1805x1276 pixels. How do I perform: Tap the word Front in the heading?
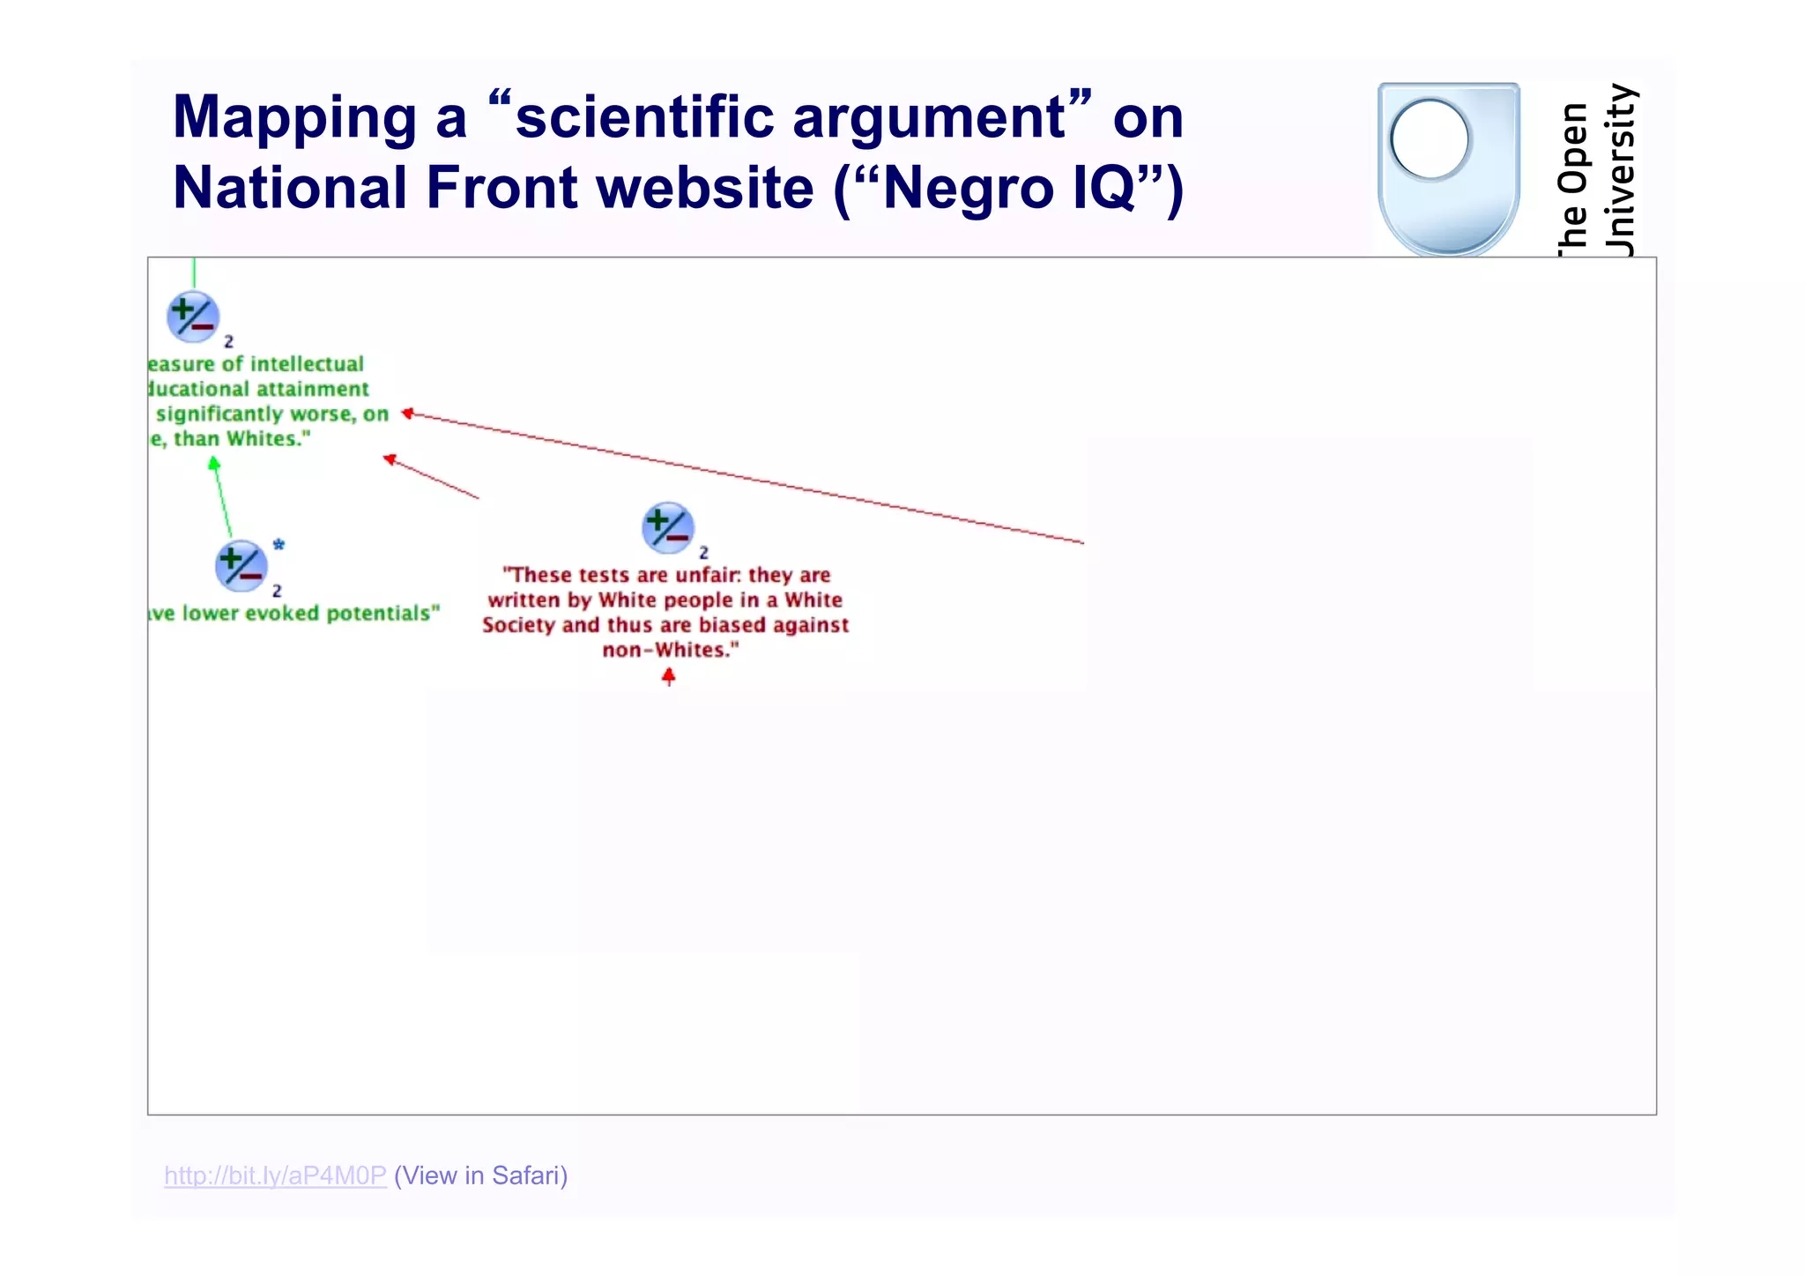pos(501,188)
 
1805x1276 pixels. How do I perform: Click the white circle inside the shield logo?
pos(1430,139)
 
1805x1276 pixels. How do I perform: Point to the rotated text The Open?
pos(1573,176)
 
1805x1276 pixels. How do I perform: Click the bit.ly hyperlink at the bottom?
pos(275,1175)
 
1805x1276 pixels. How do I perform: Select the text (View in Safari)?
pos(480,1175)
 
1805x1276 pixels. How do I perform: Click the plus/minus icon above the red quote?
pos(667,527)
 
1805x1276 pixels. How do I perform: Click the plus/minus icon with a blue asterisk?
pos(241,565)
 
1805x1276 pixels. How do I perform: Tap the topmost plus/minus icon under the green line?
pos(192,317)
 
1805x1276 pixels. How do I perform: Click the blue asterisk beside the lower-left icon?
pos(279,545)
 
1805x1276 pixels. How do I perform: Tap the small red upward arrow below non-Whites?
pos(669,676)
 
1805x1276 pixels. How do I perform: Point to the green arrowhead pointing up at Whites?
pos(213,463)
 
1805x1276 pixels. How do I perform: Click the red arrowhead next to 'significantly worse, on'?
pos(407,413)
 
